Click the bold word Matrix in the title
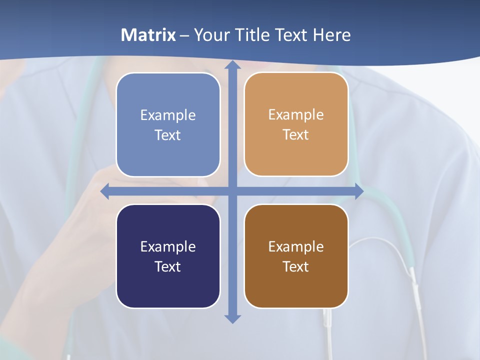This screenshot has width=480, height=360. coord(148,35)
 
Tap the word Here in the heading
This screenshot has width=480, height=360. coord(332,35)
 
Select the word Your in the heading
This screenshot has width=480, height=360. coord(210,35)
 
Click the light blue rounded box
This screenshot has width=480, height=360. coord(168,125)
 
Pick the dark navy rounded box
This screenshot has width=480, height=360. coord(168,256)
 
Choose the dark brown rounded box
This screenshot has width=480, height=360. coord(296,256)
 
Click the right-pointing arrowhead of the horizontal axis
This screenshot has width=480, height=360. coord(359,191)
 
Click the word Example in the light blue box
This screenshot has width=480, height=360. coord(168,115)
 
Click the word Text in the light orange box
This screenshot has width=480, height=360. coord(296,134)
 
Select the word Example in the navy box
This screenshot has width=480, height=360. coord(168,246)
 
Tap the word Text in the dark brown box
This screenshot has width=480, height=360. coord(296,266)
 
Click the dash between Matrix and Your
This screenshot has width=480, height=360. coord(184,35)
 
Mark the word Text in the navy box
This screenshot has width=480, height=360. coord(168,266)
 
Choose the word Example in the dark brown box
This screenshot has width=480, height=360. coord(296,246)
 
